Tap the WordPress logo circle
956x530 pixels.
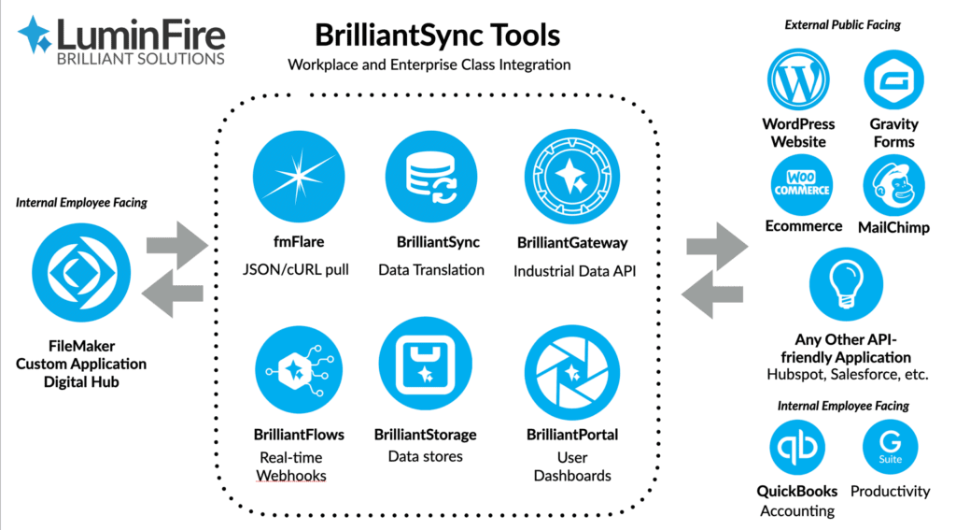pos(798,81)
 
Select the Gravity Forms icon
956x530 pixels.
pos(893,81)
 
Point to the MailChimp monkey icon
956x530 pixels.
pos(893,185)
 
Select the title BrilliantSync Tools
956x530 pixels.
pos(437,36)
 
